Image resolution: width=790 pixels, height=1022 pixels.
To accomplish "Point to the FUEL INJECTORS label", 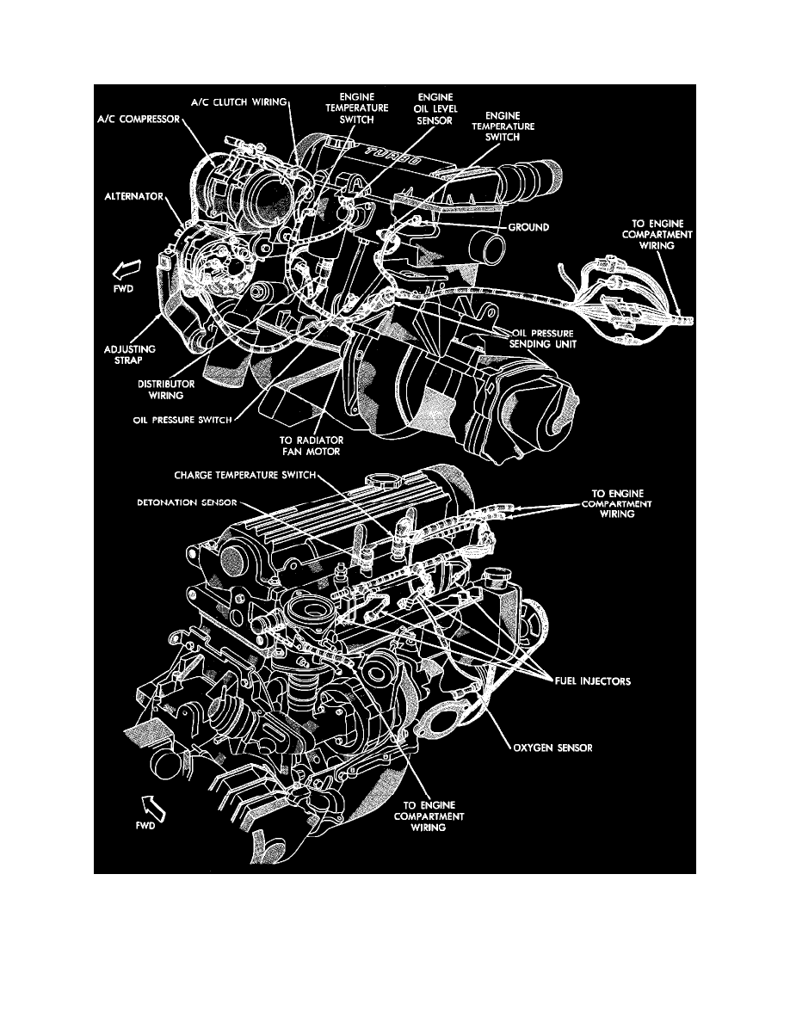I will [x=591, y=680].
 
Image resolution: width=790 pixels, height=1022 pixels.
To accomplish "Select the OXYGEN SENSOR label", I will [x=551, y=748].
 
